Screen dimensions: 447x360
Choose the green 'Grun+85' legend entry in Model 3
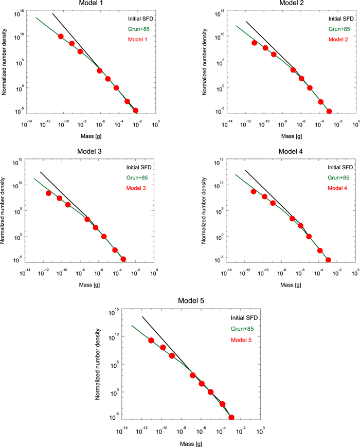pos(136,177)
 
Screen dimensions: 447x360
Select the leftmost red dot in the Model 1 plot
pos(61,37)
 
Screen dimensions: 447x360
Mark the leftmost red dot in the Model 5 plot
pos(151,341)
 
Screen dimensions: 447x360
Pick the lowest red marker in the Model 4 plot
pos(328,260)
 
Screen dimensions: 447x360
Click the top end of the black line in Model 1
pos(53,13)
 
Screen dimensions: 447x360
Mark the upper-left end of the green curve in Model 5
pos(132,326)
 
